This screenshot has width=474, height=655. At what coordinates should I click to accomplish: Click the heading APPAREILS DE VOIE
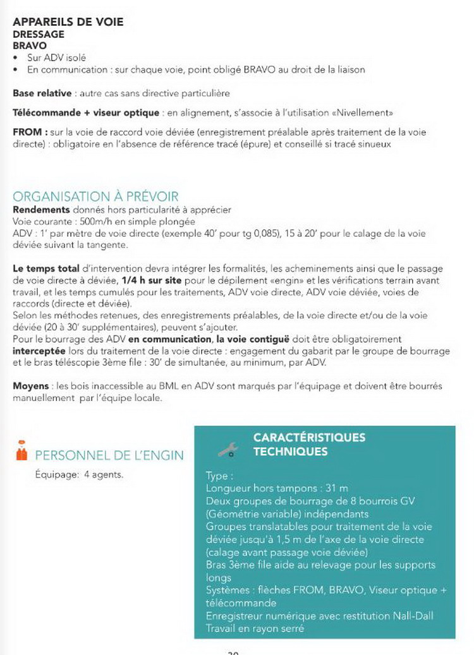coord(68,22)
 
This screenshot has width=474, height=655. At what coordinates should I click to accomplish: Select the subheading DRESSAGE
coord(39,35)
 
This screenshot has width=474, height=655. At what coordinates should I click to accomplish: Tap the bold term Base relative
coord(42,93)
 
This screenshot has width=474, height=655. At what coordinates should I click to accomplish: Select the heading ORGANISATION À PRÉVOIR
coord(95,196)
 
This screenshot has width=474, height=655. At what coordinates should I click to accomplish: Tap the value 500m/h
coord(97,222)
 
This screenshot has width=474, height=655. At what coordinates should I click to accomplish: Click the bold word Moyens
coord(30,385)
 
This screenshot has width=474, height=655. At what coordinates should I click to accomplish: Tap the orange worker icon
coord(21,453)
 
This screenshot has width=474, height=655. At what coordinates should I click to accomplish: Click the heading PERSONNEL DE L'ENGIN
coord(109,455)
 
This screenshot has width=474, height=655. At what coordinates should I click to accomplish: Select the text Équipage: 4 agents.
coord(78,474)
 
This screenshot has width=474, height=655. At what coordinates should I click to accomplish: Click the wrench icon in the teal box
coord(228,449)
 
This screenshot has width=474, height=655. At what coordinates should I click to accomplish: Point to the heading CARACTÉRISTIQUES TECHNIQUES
coord(309,444)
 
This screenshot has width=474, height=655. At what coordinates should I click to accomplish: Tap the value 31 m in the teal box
coord(337,488)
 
